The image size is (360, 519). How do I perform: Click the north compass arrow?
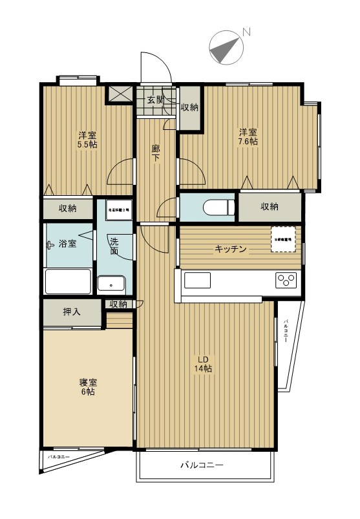click(x=226, y=48)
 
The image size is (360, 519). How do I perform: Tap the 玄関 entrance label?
click(x=154, y=100)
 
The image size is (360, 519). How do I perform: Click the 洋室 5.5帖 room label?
click(x=89, y=139)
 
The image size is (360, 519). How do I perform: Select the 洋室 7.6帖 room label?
click(x=248, y=136)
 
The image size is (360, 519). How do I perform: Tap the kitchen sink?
click(x=198, y=281)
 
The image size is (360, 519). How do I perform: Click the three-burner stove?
click(x=286, y=281)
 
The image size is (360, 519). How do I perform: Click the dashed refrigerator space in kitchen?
click(x=284, y=238)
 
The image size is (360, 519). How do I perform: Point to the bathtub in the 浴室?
click(x=68, y=281)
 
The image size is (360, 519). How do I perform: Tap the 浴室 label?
click(x=68, y=244)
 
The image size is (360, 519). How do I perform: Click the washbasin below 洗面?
click(x=112, y=284)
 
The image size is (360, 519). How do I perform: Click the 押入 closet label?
click(x=72, y=312)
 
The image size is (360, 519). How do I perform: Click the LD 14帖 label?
click(x=204, y=364)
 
